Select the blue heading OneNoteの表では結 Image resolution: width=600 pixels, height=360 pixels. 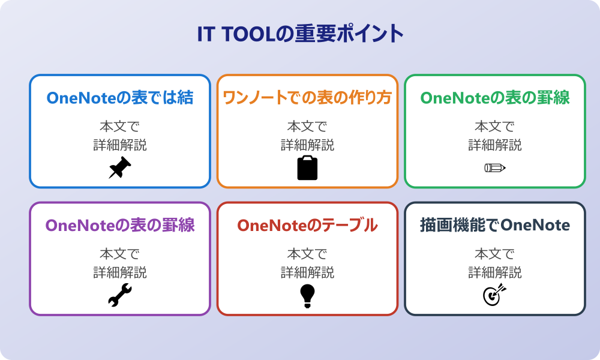coord(120,98)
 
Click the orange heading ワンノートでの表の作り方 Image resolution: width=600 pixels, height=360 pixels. coord(307,98)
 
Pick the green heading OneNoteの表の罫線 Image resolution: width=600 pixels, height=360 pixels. coord(494,98)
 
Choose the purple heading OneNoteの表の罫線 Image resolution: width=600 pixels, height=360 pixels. coord(120,226)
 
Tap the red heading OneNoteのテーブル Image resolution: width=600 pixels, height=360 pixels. coord(307,226)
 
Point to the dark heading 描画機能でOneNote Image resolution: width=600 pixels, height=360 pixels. coord(494,226)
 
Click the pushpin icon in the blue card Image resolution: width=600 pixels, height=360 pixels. coord(120,168)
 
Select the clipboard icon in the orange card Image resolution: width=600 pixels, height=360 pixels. coord(307,168)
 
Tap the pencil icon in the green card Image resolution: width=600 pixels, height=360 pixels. coord(494,168)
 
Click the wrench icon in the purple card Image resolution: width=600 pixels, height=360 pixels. coord(120,296)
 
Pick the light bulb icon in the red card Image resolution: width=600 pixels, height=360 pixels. coord(307,296)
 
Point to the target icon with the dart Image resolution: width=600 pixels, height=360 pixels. coord(494,296)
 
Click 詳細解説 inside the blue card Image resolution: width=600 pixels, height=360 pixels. coord(120,145)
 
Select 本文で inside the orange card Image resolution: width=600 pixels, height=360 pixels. coord(307,127)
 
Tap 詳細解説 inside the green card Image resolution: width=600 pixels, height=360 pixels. coord(494,145)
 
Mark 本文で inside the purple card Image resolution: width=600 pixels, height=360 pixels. coord(120,254)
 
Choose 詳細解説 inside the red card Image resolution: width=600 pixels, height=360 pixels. coord(307,272)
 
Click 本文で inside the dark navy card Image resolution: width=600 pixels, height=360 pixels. coord(494,254)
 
